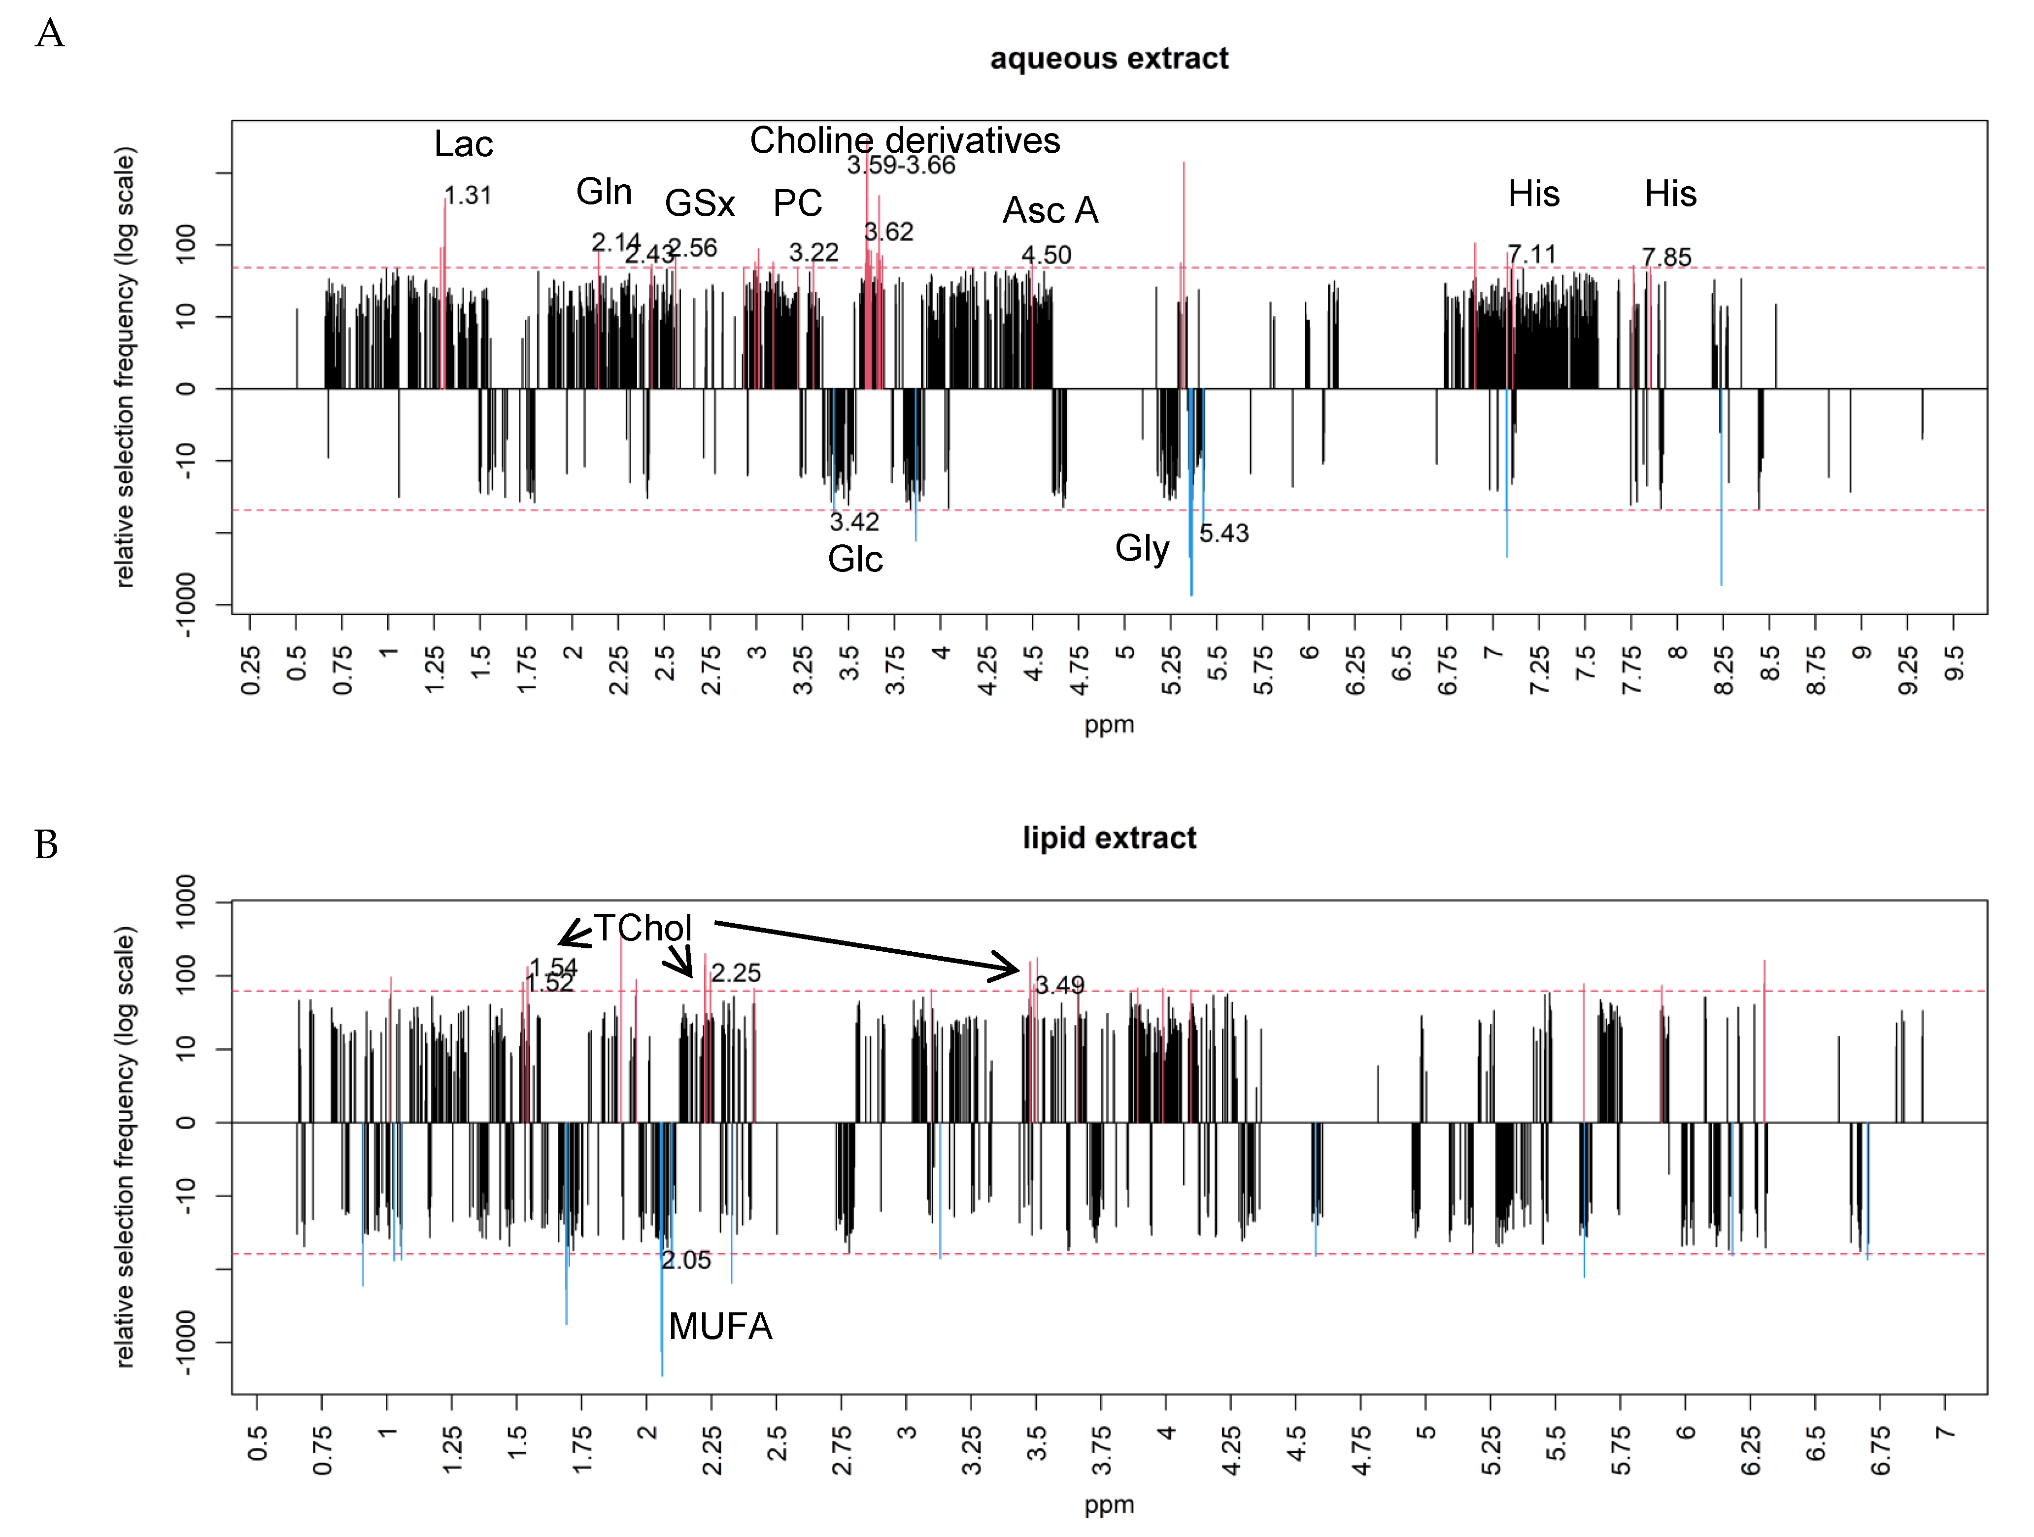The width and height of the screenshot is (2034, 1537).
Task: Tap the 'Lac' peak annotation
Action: [464, 144]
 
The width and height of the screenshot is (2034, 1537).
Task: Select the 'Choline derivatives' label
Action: [905, 141]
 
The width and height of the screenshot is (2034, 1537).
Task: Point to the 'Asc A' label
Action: [1050, 210]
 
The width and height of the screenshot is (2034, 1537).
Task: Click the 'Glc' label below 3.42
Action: [855, 559]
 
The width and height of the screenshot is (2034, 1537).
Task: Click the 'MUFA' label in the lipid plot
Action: [720, 1327]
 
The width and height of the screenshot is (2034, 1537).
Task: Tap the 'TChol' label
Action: [642, 928]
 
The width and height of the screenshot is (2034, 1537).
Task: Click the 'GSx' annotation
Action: [700, 203]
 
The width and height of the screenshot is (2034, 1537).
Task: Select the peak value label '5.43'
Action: [1224, 533]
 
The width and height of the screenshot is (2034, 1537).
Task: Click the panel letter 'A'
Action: [50, 34]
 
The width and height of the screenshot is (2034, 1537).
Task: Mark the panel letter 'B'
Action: [46, 844]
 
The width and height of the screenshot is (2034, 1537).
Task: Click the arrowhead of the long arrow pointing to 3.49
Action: [1012, 969]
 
